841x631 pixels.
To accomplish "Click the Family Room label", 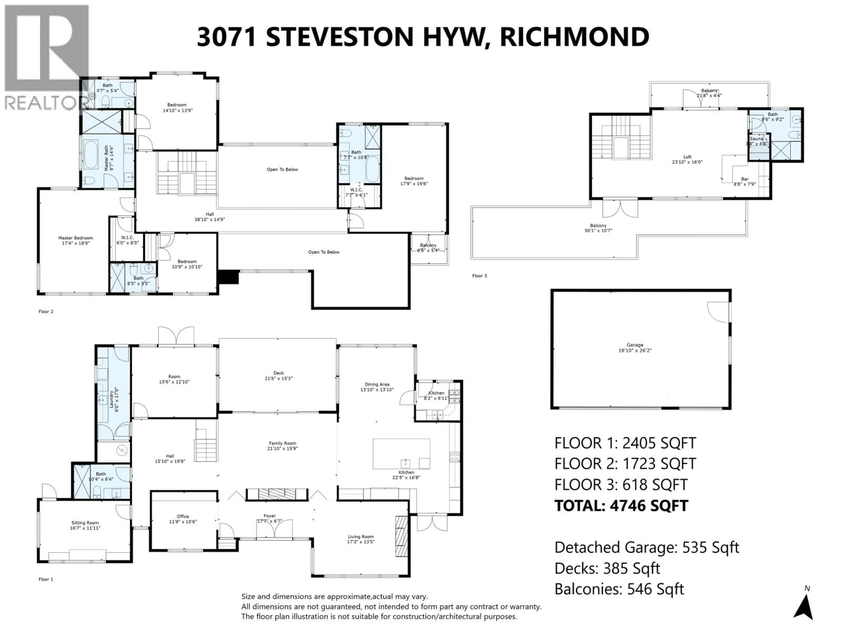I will coord(282,443).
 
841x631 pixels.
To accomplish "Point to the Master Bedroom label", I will coord(75,238).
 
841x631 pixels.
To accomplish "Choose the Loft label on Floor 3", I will coord(687,157).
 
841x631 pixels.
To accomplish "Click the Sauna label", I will coord(756,139).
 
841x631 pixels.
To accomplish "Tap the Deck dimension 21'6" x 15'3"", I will coord(278,378).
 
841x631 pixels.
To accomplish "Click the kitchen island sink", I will coord(405,463).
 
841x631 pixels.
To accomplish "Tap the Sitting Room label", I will coord(85,523).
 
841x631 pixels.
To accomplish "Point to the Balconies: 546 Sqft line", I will coord(619,589).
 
